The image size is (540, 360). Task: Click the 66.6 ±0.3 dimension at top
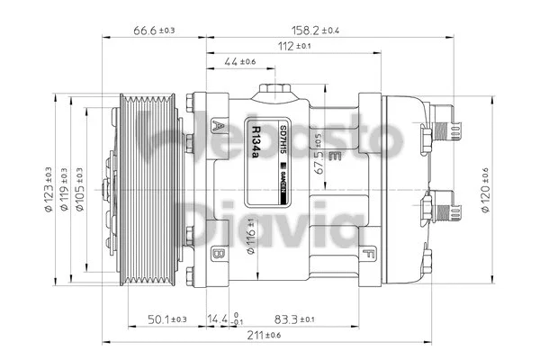(154, 30)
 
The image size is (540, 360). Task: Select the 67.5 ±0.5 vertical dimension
(318, 153)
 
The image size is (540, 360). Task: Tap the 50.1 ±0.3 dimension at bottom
(167, 319)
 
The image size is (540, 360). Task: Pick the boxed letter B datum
(218, 256)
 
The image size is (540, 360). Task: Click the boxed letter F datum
(368, 256)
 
